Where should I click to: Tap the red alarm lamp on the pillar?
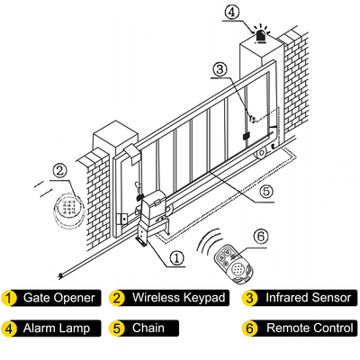(262, 36)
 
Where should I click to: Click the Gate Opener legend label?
(59, 298)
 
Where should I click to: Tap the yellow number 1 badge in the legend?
(9, 298)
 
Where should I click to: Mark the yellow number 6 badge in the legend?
(249, 328)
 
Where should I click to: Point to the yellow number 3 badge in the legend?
(249, 298)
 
